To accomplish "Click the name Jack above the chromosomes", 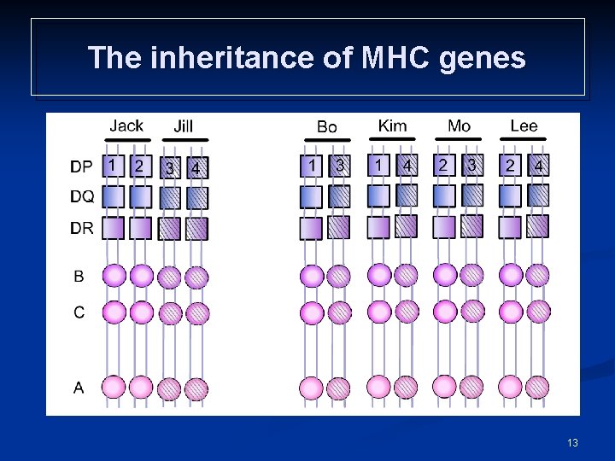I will tap(126, 125).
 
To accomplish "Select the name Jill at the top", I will tap(183, 126).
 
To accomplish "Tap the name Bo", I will tap(326, 126).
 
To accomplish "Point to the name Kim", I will tap(392, 125).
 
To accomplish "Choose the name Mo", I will tap(459, 126).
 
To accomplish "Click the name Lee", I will tap(524, 125).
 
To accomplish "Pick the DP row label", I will tap(82, 167).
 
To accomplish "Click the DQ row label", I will tap(83, 197).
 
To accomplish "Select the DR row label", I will tap(83, 228).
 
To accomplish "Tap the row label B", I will tap(79, 276).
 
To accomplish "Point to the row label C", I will tap(79, 312).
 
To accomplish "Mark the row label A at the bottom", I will tap(79, 388).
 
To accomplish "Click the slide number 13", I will tap(571, 442).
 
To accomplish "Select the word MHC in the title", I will tap(395, 58).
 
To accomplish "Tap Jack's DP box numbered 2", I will tap(139, 166).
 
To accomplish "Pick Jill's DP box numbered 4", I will tap(196, 167).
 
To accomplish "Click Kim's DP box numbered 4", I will tap(407, 166).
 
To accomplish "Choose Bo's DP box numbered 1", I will tap(313, 166).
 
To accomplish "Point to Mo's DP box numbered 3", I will tap(471, 166).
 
